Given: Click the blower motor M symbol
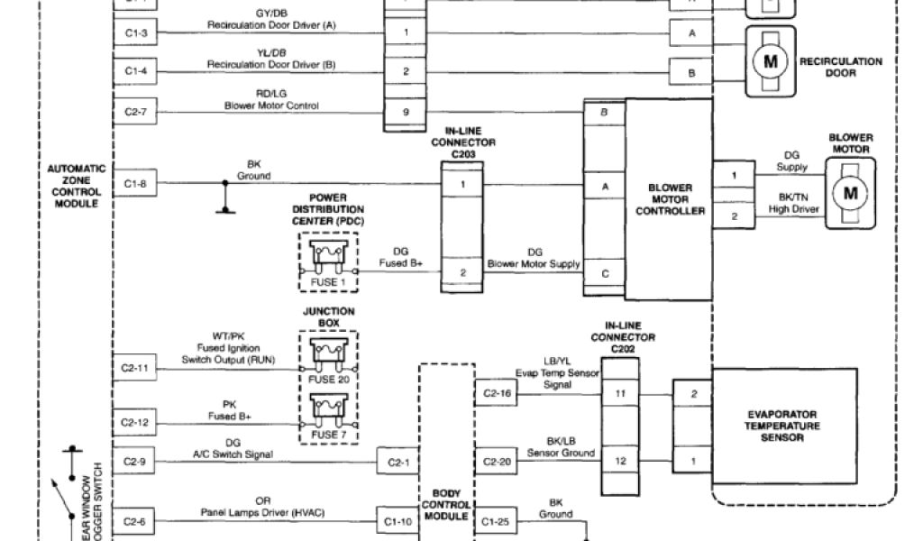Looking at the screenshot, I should tap(849, 192).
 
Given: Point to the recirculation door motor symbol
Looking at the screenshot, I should tap(770, 61).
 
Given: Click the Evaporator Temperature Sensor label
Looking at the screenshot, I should tap(782, 425).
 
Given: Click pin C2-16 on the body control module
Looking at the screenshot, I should tap(497, 393).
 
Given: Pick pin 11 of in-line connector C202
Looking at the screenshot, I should tap(620, 393).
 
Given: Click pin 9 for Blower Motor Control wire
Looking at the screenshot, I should tap(407, 113).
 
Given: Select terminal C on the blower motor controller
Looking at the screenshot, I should tap(604, 272).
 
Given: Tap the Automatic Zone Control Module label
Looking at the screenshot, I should tap(77, 186).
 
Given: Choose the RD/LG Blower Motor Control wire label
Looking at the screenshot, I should tap(271, 99).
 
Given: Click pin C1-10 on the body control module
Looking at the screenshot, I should tap(396, 520).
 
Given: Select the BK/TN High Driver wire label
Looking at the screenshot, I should tap(793, 203).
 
